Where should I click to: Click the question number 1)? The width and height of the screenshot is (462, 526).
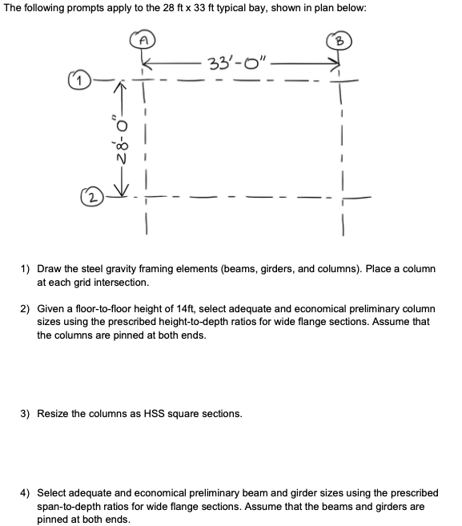tap(25, 270)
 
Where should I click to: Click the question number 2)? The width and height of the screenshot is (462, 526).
tap(25, 308)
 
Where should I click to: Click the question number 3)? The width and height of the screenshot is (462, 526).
tap(25, 414)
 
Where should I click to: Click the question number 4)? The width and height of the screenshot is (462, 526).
tap(25, 492)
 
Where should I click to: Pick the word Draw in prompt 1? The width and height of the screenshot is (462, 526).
tap(51, 270)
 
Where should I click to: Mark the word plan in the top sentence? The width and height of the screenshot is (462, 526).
tap(324, 10)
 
